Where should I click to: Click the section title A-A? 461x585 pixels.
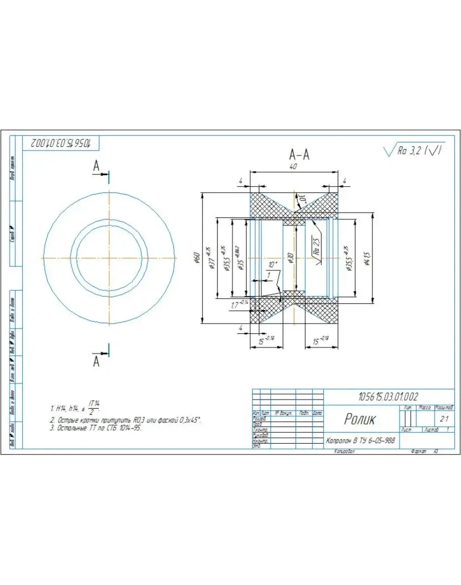coord(299,154)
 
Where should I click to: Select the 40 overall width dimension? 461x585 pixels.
coord(292,166)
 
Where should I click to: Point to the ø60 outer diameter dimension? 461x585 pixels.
coord(197,258)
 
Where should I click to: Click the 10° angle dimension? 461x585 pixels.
coord(273,264)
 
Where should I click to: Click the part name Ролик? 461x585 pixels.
coord(360,419)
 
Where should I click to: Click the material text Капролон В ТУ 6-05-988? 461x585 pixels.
coord(360,441)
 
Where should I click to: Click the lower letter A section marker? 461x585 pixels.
coord(97,361)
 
